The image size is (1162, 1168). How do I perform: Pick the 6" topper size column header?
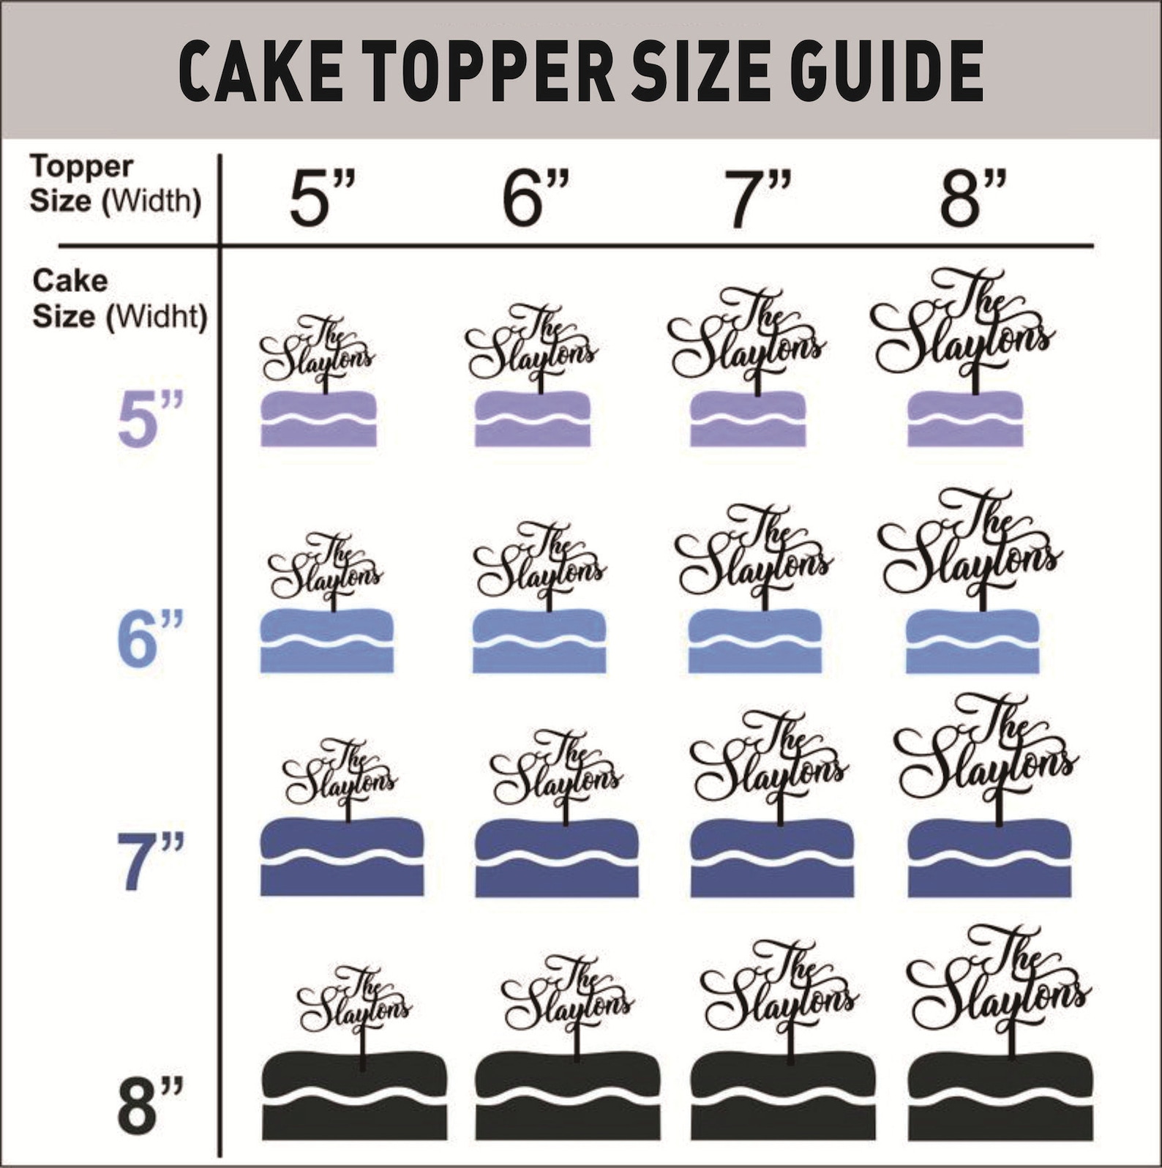[534, 198]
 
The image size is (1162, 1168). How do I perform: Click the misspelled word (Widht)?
[157, 318]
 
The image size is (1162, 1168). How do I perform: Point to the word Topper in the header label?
[81, 167]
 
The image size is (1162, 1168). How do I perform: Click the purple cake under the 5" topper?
[318, 419]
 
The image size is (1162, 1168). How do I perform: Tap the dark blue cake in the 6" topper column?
[556, 858]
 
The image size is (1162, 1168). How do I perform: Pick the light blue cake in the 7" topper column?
[754, 641]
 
